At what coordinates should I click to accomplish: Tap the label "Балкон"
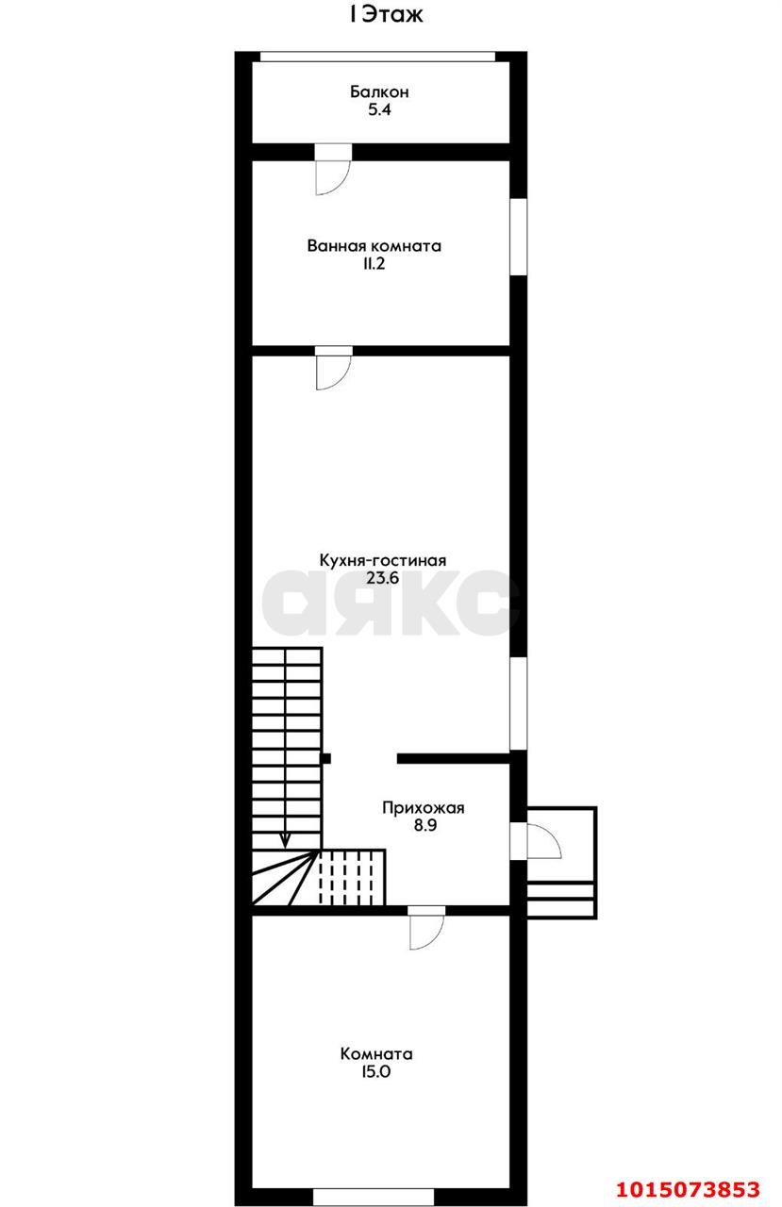point(379,92)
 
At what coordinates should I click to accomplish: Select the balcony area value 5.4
point(379,110)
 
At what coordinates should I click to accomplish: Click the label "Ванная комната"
point(374,246)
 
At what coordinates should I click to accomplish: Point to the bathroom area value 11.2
point(374,265)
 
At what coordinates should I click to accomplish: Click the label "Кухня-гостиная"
point(382,560)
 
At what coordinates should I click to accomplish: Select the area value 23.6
point(382,579)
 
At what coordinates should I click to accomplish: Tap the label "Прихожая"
point(424,807)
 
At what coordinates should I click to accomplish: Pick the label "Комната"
point(376,1054)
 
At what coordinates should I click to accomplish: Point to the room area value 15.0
point(376,1072)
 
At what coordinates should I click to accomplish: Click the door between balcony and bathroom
point(333,170)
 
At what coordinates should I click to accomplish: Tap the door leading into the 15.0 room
point(426,928)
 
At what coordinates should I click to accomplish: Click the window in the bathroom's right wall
point(518,237)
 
